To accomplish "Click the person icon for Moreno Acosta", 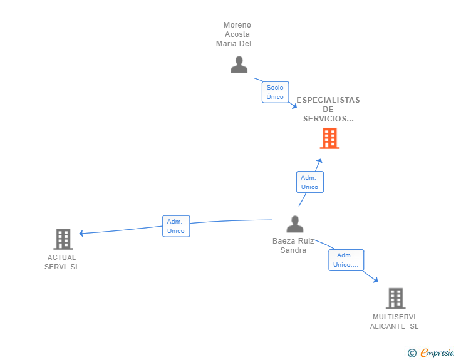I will point(239,64).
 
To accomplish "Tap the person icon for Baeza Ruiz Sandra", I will point(294,224).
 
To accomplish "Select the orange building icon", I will point(329,138).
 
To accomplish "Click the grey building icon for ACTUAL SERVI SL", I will point(63,239).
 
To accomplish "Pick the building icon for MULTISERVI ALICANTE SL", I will point(395,298).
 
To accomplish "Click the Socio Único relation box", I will point(275,92).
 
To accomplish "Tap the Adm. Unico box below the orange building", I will point(309,182).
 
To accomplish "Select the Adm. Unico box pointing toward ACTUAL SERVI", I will point(176,226).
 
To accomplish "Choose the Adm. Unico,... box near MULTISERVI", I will point(346,260).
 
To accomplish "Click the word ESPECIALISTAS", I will point(328,100).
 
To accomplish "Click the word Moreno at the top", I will point(237,25).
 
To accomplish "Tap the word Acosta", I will point(237,34).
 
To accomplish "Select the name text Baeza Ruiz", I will point(293,241).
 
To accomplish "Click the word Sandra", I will point(293,250).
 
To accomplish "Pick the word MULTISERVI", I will point(394,317).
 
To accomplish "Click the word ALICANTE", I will point(387,326).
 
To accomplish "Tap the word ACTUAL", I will point(62,257).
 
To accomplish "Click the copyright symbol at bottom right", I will point(412,353).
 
